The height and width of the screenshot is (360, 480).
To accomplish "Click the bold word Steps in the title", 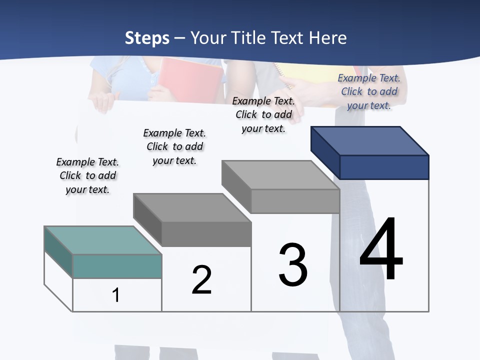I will [147, 38].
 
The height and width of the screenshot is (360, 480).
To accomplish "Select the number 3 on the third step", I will [293, 265].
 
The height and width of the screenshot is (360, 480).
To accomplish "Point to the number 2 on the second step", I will [201, 280].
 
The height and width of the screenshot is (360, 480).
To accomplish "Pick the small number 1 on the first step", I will [116, 295].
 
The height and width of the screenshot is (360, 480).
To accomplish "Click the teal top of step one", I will [103, 240].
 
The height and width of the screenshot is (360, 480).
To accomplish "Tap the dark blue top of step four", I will [370, 141].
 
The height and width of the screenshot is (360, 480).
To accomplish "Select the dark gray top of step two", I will [192, 207].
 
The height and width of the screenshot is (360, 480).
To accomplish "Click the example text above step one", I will [87, 175].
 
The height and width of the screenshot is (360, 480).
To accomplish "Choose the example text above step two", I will [174, 146].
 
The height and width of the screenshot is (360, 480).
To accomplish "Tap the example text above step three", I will [263, 114].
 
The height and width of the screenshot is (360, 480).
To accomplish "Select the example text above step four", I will [369, 91].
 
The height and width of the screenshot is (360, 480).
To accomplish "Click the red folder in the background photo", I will [190, 80].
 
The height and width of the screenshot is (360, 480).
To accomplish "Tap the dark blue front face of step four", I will [384, 167].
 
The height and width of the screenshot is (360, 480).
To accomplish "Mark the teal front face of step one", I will [117, 266].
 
